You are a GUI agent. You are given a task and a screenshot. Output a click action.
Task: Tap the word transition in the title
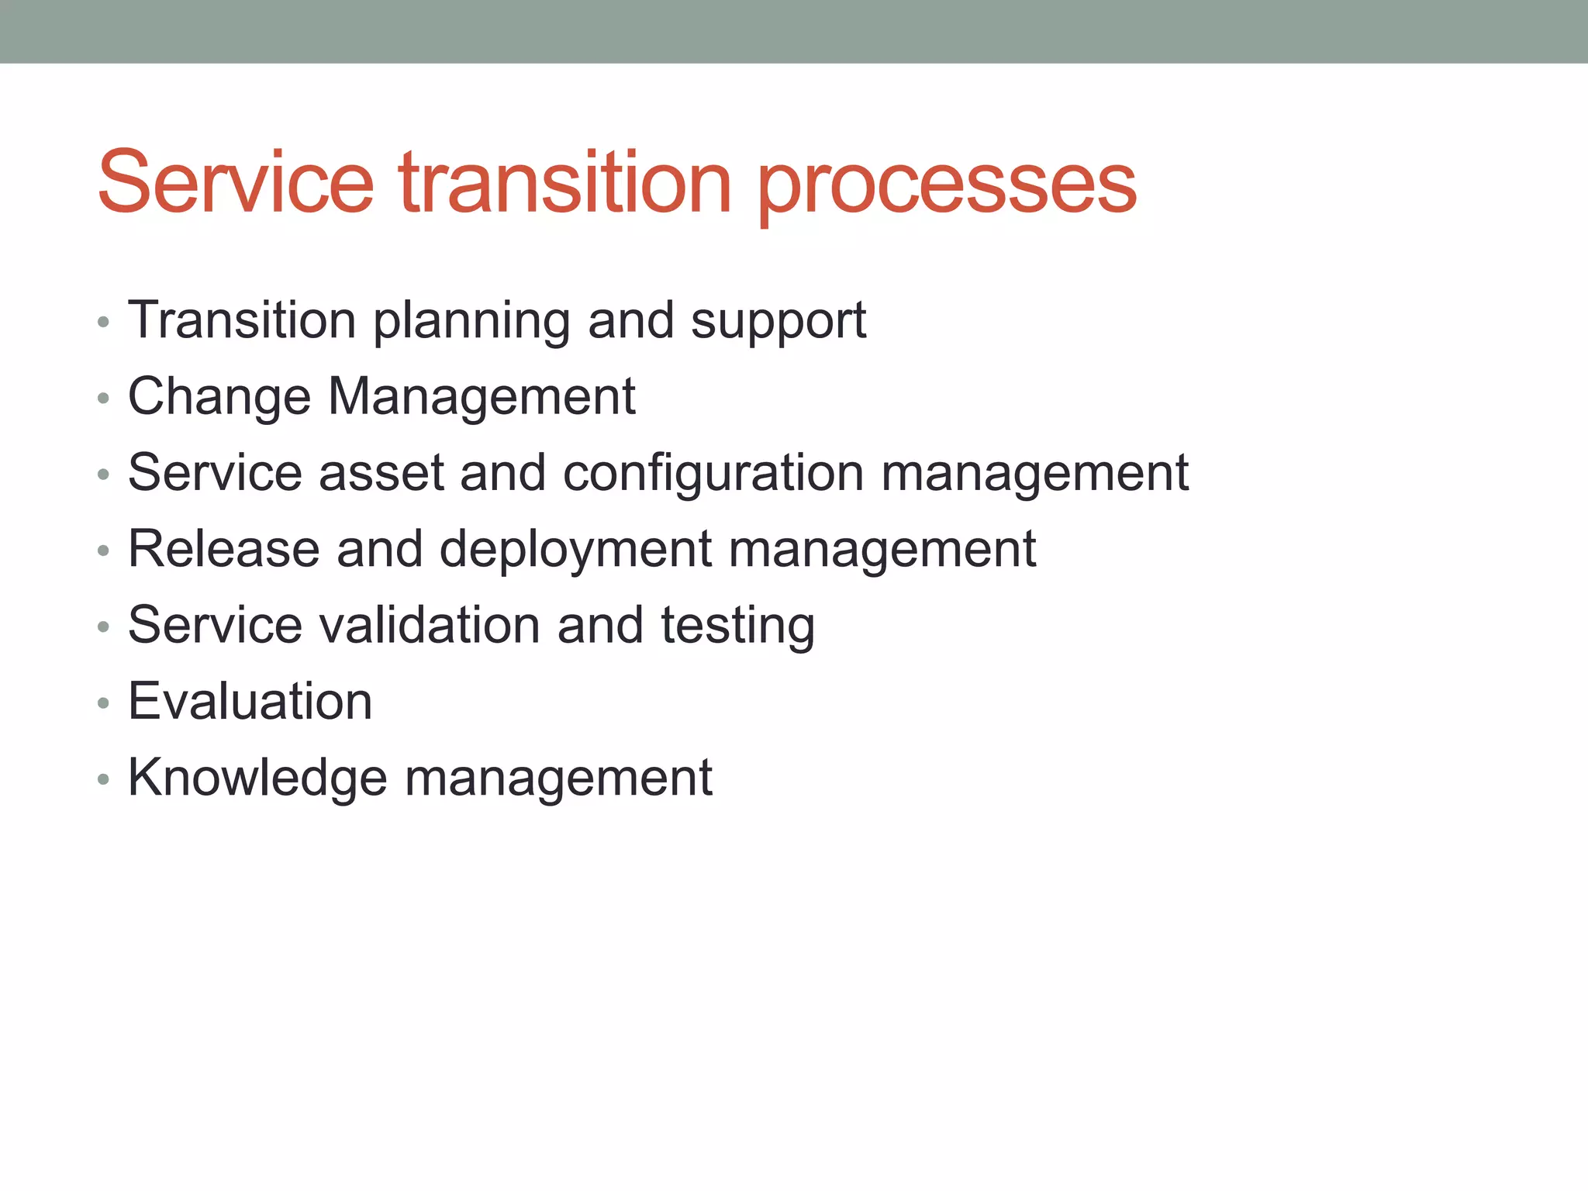coord(565,183)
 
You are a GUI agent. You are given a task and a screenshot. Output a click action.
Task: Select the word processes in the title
coord(947,186)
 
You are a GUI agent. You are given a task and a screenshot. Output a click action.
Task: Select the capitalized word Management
coord(482,397)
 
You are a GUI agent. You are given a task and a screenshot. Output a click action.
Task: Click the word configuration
coord(713,474)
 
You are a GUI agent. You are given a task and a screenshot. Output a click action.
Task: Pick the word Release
coord(224,549)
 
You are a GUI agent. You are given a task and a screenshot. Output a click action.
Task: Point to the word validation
coord(430,625)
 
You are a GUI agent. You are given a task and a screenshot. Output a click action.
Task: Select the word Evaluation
coord(250,701)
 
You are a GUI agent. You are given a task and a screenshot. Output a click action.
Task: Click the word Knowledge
coord(257,778)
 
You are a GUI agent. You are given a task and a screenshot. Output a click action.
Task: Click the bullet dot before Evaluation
coord(103,704)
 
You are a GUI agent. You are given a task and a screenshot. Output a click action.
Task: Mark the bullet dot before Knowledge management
coord(103,780)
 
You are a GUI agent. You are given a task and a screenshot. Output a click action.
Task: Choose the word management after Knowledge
coord(558,778)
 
